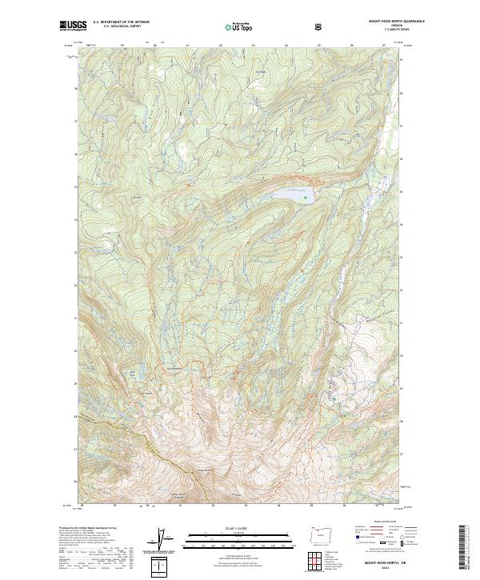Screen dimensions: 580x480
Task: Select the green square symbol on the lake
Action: pos(304,196)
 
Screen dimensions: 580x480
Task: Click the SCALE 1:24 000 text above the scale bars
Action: pos(228,527)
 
